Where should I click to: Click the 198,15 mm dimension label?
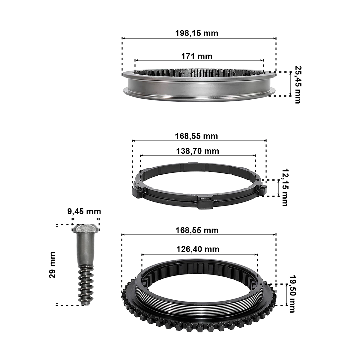[197, 33]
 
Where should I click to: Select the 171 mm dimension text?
[197, 56]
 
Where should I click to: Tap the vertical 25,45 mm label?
[297, 85]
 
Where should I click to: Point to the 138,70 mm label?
[198, 151]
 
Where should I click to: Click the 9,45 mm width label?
[84, 212]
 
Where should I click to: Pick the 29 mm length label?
[52, 265]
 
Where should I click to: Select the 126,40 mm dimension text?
[198, 249]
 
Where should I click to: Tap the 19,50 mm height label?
[292, 294]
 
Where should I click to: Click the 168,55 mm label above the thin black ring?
[196, 136]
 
